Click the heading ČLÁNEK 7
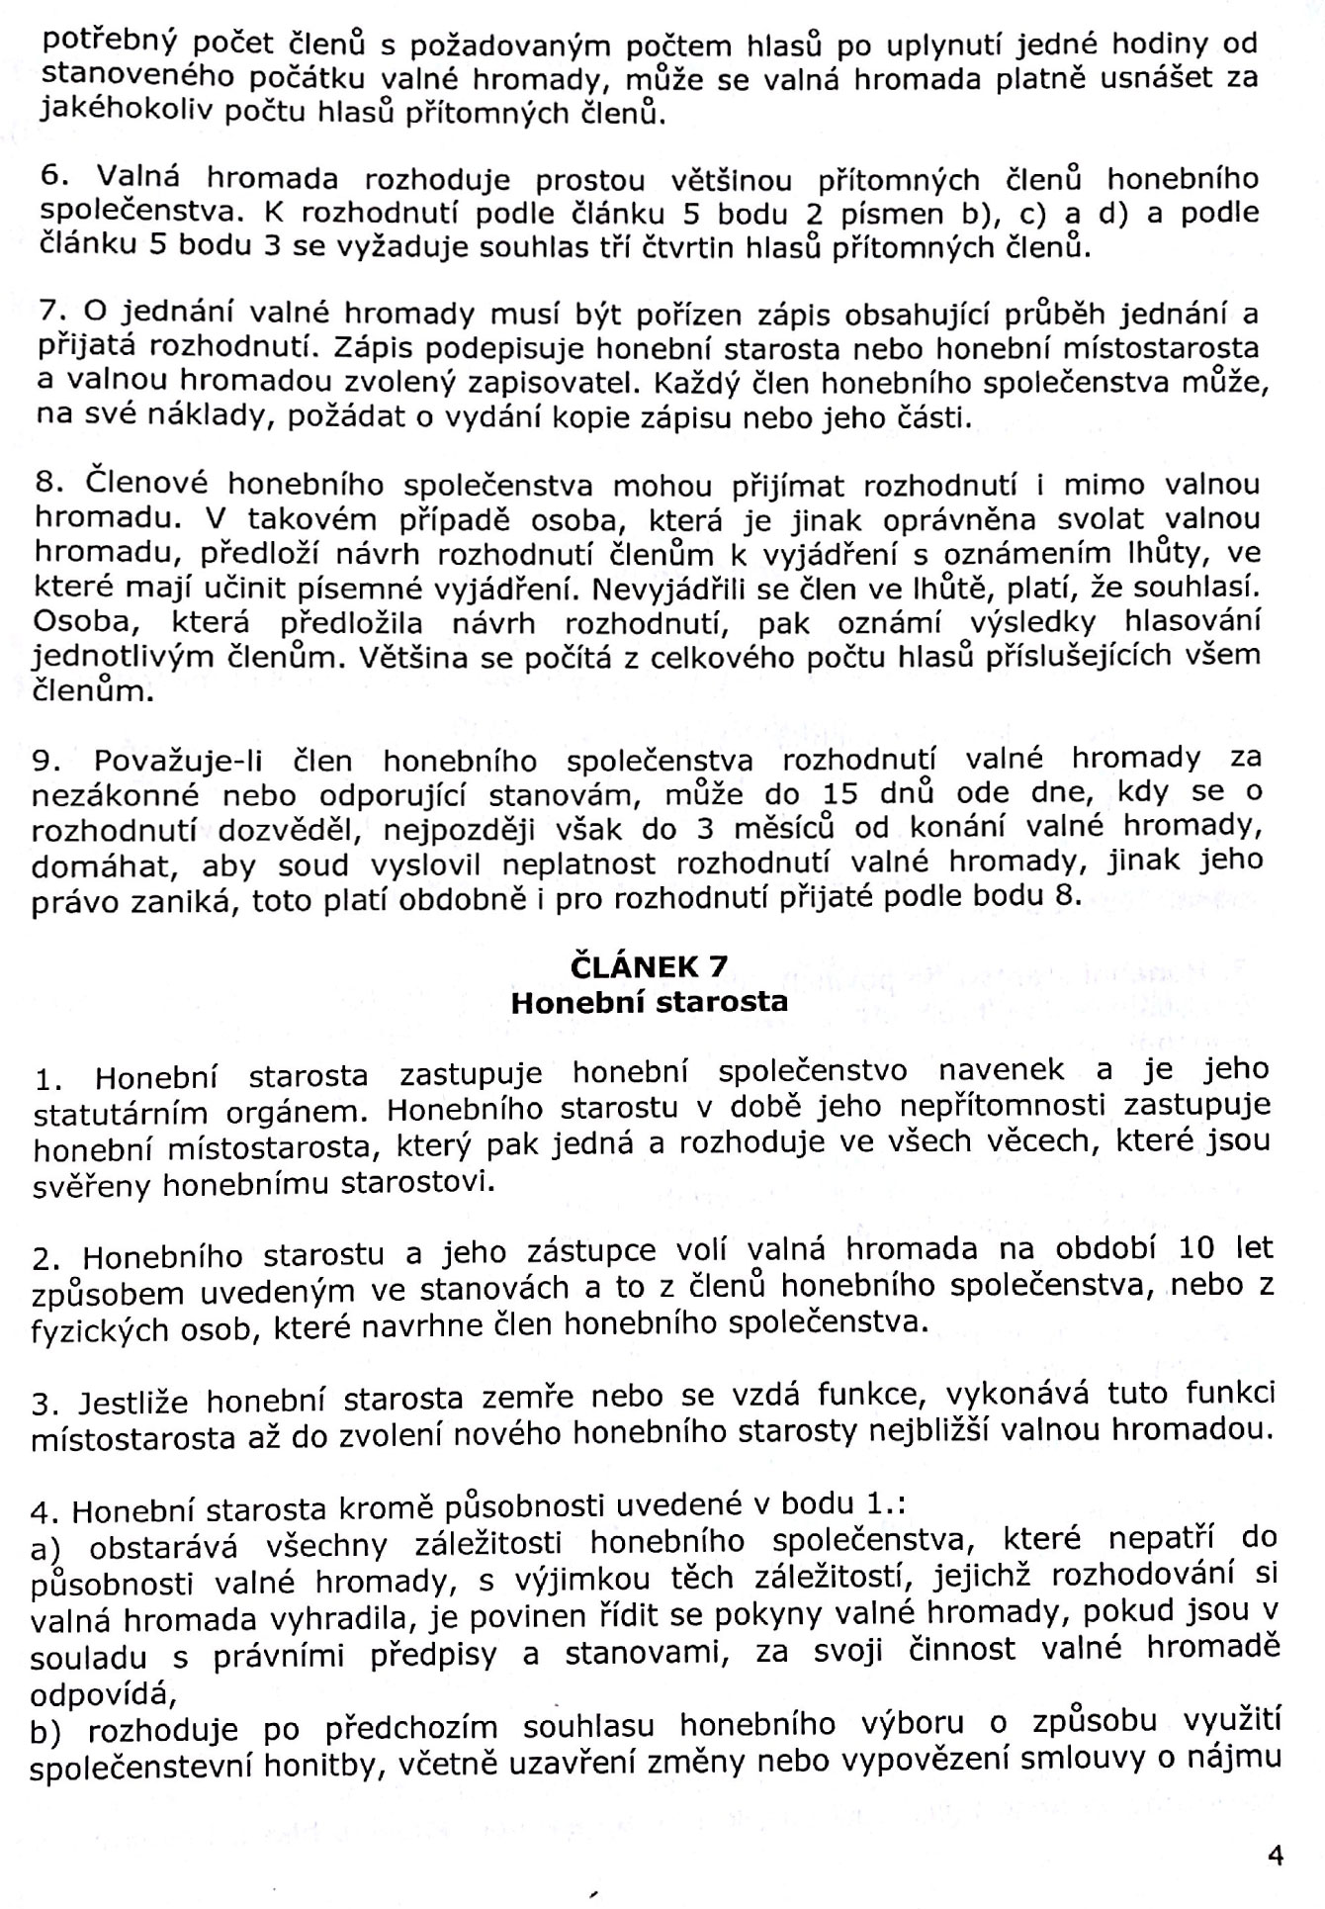point(650,964)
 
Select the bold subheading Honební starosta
point(649,1002)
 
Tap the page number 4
point(1275,1856)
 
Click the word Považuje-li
point(184,762)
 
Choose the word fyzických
point(88,1329)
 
